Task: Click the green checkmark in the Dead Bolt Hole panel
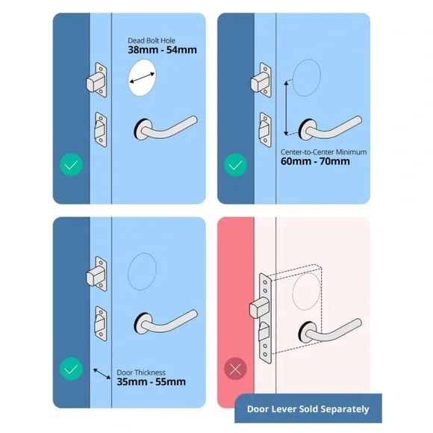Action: [71, 164]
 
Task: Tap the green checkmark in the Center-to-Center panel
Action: [234, 164]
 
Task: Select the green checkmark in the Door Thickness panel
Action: [71, 369]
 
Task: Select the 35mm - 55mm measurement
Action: [151, 381]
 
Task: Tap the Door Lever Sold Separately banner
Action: [307, 408]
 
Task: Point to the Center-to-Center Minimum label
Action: [323, 152]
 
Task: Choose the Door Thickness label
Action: [141, 371]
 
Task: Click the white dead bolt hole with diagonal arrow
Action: [143, 77]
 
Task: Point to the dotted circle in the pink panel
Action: [307, 288]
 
